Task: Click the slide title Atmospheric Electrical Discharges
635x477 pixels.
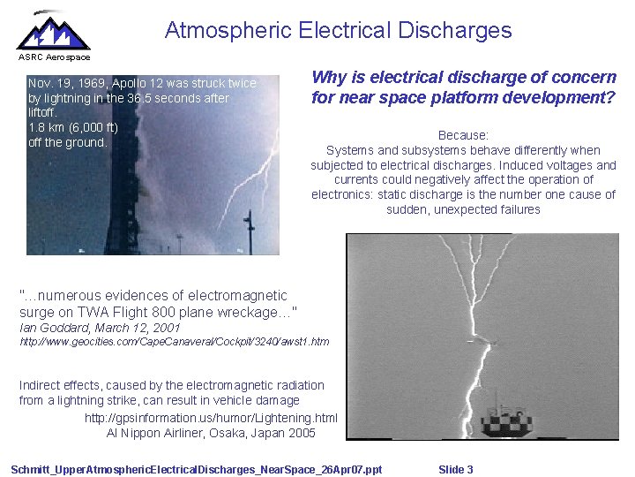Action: pyautogui.click(x=338, y=30)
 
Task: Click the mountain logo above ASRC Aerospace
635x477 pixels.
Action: pyautogui.click(x=53, y=32)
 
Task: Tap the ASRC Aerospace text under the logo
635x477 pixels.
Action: pyautogui.click(x=55, y=57)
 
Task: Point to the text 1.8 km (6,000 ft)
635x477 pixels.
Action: pyautogui.click(x=73, y=127)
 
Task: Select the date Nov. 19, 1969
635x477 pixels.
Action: pyautogui.click(x=66, y=83)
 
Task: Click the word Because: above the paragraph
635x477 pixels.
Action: pyautogui.click(x=463, y=135)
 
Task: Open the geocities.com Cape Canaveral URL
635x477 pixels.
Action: pyautogui.click(x=174, y=341)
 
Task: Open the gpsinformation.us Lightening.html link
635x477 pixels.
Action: pyautogui.click(x=211, y=418)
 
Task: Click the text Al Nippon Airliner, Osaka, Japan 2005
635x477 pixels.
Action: pyautogui.click(x=211, y=433)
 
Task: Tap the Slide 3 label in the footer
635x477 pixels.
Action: pyautogui.click(x=455, y=469)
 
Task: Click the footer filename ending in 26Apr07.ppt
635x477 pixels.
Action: pyautogui.click(x=196, y=469)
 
